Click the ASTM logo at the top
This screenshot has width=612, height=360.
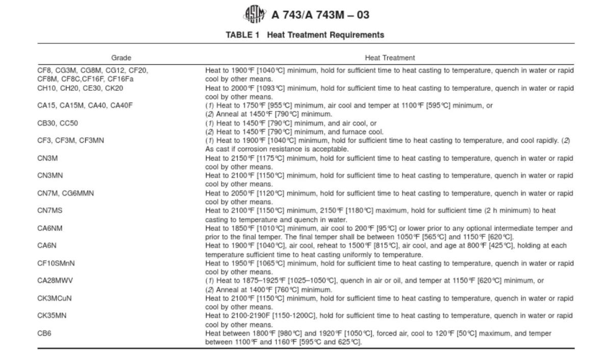coord(255,14)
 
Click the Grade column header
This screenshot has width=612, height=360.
coord(121,58)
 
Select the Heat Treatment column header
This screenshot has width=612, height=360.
coord(390,58)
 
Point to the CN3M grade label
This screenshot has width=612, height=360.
coord(47,159)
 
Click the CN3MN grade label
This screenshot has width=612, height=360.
coord(50,176)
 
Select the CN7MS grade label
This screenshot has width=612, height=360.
coord(50,211)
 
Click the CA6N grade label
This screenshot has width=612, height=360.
coord(47,246)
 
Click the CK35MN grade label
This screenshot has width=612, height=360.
coord(52,316)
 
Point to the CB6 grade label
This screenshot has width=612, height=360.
coord(44,333)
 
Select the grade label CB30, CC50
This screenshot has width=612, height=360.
coord(58,123)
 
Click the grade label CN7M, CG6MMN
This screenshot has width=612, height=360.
coord(65,193)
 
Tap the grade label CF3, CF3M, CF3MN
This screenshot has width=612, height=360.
coord(70,141)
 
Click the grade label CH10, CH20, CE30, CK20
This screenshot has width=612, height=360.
coord(80,88)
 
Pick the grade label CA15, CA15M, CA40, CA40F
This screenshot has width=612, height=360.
coord(85,106)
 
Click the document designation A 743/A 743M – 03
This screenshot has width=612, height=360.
coord(320,15)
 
